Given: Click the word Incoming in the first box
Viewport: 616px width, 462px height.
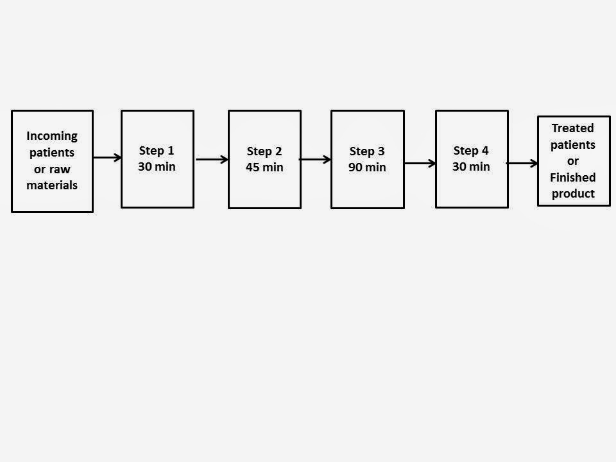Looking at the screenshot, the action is (x=52, y=136).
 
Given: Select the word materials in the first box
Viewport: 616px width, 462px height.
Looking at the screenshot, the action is (x=52, y=185).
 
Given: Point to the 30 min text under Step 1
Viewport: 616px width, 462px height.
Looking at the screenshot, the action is (x=157, y=167).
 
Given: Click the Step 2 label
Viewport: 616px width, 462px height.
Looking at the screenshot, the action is (x=264, y=151).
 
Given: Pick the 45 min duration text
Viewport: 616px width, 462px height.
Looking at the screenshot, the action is (x=264, y=167).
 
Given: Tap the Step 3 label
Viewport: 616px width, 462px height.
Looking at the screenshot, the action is (x=367, y=151).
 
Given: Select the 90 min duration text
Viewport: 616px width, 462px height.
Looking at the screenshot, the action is (x=367, y=167).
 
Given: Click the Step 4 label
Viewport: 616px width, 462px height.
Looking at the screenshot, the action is (x=471, y=151).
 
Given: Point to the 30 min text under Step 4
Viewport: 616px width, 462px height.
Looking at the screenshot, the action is (x=471, y=167).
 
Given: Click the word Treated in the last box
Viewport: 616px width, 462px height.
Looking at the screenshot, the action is (x=573, y=128).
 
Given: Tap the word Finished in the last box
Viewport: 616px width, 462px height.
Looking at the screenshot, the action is (x=573, y=178).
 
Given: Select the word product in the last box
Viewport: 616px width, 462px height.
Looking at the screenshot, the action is (x=573, y=194).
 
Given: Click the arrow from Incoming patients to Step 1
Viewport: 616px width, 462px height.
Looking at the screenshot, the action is (x=107, y=158).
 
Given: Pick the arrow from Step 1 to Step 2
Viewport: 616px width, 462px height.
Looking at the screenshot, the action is (x=212, y=160).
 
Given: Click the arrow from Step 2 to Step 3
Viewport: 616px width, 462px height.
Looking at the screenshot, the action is (x=315, y=160).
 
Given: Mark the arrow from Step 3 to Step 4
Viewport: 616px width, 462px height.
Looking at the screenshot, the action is (x=420, y=163).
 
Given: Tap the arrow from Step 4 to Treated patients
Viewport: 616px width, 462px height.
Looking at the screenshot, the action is (x=522, y=163).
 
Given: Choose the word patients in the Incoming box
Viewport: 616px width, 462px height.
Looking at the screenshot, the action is (x=52, y=153).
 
